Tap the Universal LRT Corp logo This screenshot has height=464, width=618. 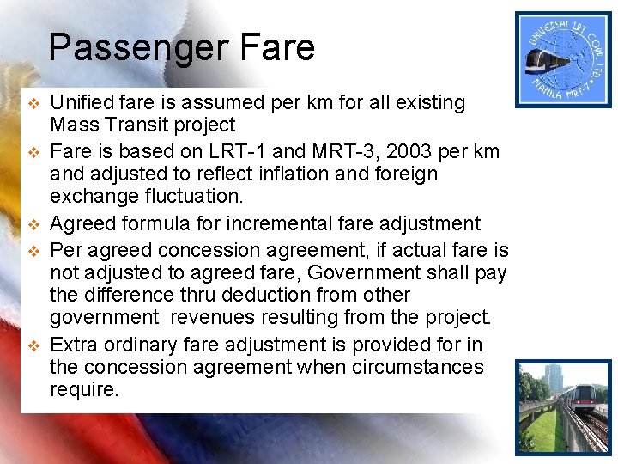pyautogui.click(x=562, y=59)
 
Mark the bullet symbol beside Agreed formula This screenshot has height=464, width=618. pyautogui.click(x=34, y=225)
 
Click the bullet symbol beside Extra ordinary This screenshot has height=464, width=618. pyautogui.click(x=34, y=346)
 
